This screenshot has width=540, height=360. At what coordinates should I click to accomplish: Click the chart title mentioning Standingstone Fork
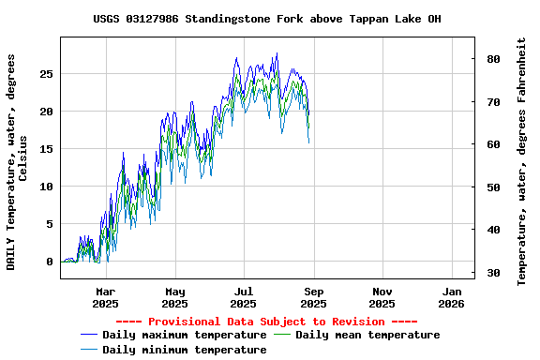tap(267, 19)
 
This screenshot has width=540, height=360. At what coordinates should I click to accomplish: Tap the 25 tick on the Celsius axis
tap(47, 74)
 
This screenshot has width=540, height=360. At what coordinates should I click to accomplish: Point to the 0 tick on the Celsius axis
tap(51, 262)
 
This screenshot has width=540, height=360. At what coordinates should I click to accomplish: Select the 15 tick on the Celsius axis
tap(47, 149)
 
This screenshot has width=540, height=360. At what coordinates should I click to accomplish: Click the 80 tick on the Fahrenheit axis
tap(492, 59)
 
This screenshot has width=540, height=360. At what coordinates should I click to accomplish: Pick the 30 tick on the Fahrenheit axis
tap(492, 273)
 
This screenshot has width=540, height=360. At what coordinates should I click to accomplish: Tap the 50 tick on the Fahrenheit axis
tap(492, 187)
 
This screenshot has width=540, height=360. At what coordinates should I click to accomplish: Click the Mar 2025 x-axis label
tap(105, 297)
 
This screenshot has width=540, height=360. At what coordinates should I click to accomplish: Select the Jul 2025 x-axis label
tap(244, 297)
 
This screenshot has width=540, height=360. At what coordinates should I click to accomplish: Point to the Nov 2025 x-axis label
tap(382, 297)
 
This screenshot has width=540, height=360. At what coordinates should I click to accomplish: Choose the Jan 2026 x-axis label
tap(451, 297)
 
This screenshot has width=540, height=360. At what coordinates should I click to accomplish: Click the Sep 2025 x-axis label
tap(313, 297)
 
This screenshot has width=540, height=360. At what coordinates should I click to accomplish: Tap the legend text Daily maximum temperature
tap(184, 335)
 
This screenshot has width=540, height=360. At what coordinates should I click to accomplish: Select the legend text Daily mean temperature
tap(367, 335)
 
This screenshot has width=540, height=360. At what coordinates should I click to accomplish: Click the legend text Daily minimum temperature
tap(184, 350)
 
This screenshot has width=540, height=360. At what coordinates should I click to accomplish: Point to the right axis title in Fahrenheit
tap(522, 161)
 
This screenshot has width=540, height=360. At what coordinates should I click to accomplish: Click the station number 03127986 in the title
tap(156, 19)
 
